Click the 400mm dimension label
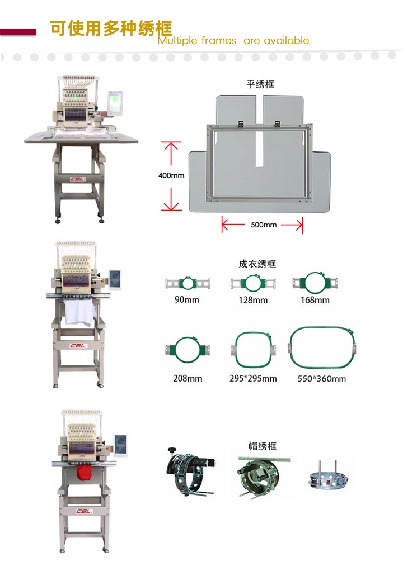tap(171, 175)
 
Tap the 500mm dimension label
tap(264, 225)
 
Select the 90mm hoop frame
tap(188, 283)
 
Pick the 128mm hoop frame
tap(253, 283)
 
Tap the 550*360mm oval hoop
tap(292, 347)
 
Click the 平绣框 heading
tap(260, 84)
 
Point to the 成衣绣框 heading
tap(257, 264)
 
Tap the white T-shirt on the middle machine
tap(78, 312)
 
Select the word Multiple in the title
tap(178, 40)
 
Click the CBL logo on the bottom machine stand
tap(83, 511)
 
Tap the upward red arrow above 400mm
tap(171, 154)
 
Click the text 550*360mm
tap(322, 379)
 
